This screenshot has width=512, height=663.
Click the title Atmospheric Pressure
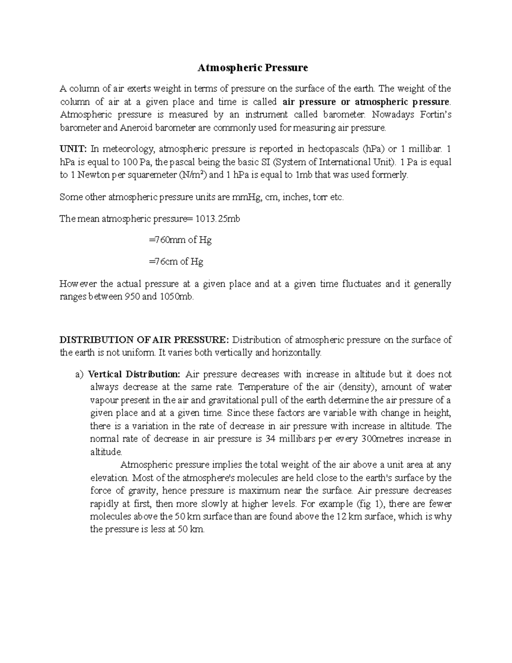pyautogui.click(x=252, y=68)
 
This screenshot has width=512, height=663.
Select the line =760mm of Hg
pyautogui.click(x=180, y=240)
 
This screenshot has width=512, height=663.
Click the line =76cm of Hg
pyautogui.click(x=176, y=262)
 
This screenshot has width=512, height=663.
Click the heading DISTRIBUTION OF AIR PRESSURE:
pyautogui.click(x=144, y=340)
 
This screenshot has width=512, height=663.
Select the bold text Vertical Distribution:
pyautogui.click(x=134, y=374)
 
